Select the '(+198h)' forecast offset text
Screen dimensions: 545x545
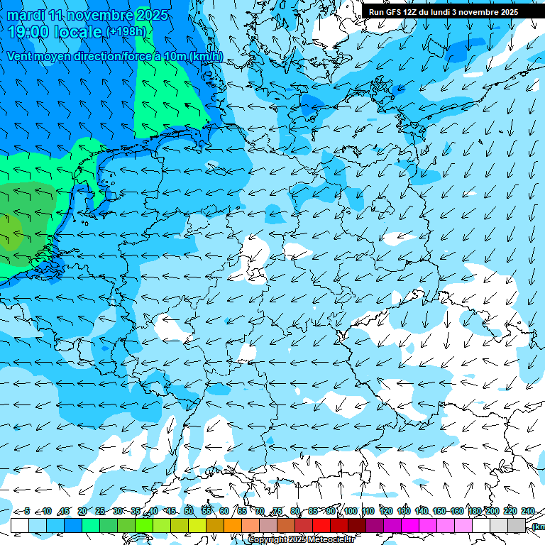click(126, 32)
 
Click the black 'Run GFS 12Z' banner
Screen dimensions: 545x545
click(444, 12)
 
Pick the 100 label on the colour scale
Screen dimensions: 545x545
click(351, 511)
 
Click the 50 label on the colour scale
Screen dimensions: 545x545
click(189, 511)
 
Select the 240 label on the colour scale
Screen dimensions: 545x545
click(528, 511)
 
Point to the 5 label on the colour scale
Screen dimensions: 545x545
click(27, 511)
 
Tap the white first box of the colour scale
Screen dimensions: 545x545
click(20, 525)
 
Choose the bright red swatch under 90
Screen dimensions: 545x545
click(321, 525)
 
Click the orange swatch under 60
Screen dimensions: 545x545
click(215, 525)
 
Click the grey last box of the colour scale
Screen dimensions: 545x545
click(517, 525)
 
